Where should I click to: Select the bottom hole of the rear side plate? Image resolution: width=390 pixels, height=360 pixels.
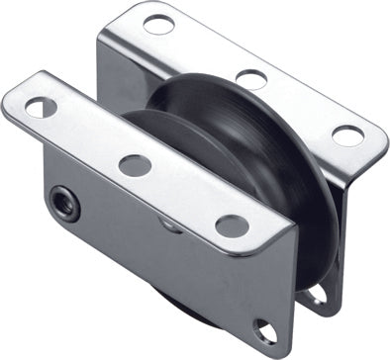pos(314,294)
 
